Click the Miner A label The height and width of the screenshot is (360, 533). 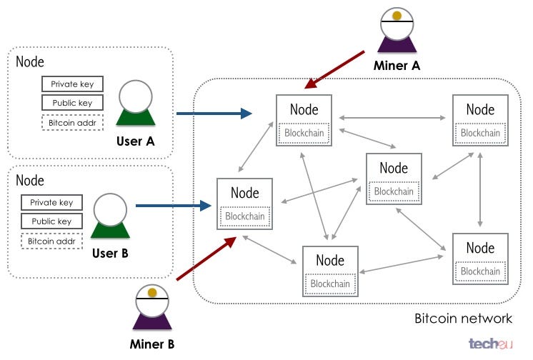point(397,65)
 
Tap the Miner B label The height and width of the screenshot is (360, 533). point(152,344)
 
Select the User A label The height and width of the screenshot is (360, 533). point(135,141)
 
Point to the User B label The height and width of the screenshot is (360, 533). point(110,253)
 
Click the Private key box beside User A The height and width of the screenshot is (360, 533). point(72,84)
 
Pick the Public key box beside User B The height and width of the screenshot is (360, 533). point(51,221)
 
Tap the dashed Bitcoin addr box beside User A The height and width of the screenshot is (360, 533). point(72,123)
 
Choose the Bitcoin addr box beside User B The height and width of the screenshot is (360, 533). point(51,241)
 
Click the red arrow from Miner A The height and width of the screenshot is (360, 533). point(334,70)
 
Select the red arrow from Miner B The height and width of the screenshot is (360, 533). point(206,259)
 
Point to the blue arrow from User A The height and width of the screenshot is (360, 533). point(214,114)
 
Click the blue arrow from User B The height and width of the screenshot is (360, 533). point(174,206)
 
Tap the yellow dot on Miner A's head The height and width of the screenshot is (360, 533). point(397,15)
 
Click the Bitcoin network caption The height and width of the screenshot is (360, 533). point(463,319)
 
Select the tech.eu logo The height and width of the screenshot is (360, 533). point(491,344)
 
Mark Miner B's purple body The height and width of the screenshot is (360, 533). point(152,321)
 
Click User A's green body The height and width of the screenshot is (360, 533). point(136,117)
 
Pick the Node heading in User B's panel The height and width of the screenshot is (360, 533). point(30,180)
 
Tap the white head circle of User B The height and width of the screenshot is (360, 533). point(110,211)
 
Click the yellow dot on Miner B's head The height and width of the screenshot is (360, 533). point(152,292)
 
